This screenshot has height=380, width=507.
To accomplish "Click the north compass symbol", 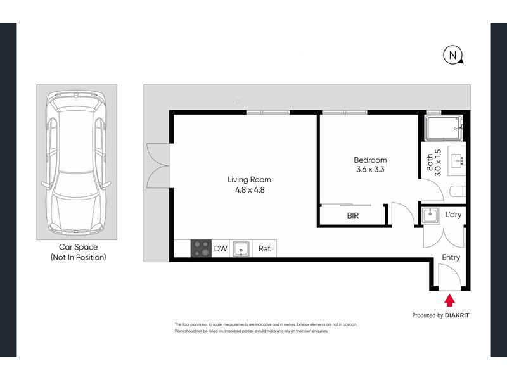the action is pos(452,55).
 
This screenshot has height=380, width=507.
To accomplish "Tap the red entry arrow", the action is pos(449,300).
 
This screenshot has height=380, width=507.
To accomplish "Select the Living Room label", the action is pos(249,180).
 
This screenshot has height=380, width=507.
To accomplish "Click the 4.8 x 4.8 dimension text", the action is pos(250,190).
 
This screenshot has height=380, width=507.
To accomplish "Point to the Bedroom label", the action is pos(370,160).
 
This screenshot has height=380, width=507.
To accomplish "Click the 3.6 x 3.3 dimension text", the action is pos(370,169).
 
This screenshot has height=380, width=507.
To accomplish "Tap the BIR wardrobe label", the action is pos(353,215).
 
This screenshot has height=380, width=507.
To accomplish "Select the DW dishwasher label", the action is pos(221,248).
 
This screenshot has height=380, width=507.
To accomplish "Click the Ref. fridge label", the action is pos(265,248).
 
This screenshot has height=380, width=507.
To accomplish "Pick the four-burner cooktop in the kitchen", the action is pos(201,248).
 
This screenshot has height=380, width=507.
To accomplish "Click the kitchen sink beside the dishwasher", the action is pos(241,249).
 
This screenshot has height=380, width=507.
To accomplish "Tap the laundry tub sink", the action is pos(430,215).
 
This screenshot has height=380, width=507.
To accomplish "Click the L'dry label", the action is pos(453,215).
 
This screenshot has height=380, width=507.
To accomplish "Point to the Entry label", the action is pos(451,257).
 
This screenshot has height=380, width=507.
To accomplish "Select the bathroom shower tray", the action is pos(444,128).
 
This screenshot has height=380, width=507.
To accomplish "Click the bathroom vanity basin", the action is pos(456,161).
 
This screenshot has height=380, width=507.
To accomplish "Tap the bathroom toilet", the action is pos(457,191).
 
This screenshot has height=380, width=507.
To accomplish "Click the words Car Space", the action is pos(78,247).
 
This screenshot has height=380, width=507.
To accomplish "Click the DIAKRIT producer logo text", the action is pos(457,315).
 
